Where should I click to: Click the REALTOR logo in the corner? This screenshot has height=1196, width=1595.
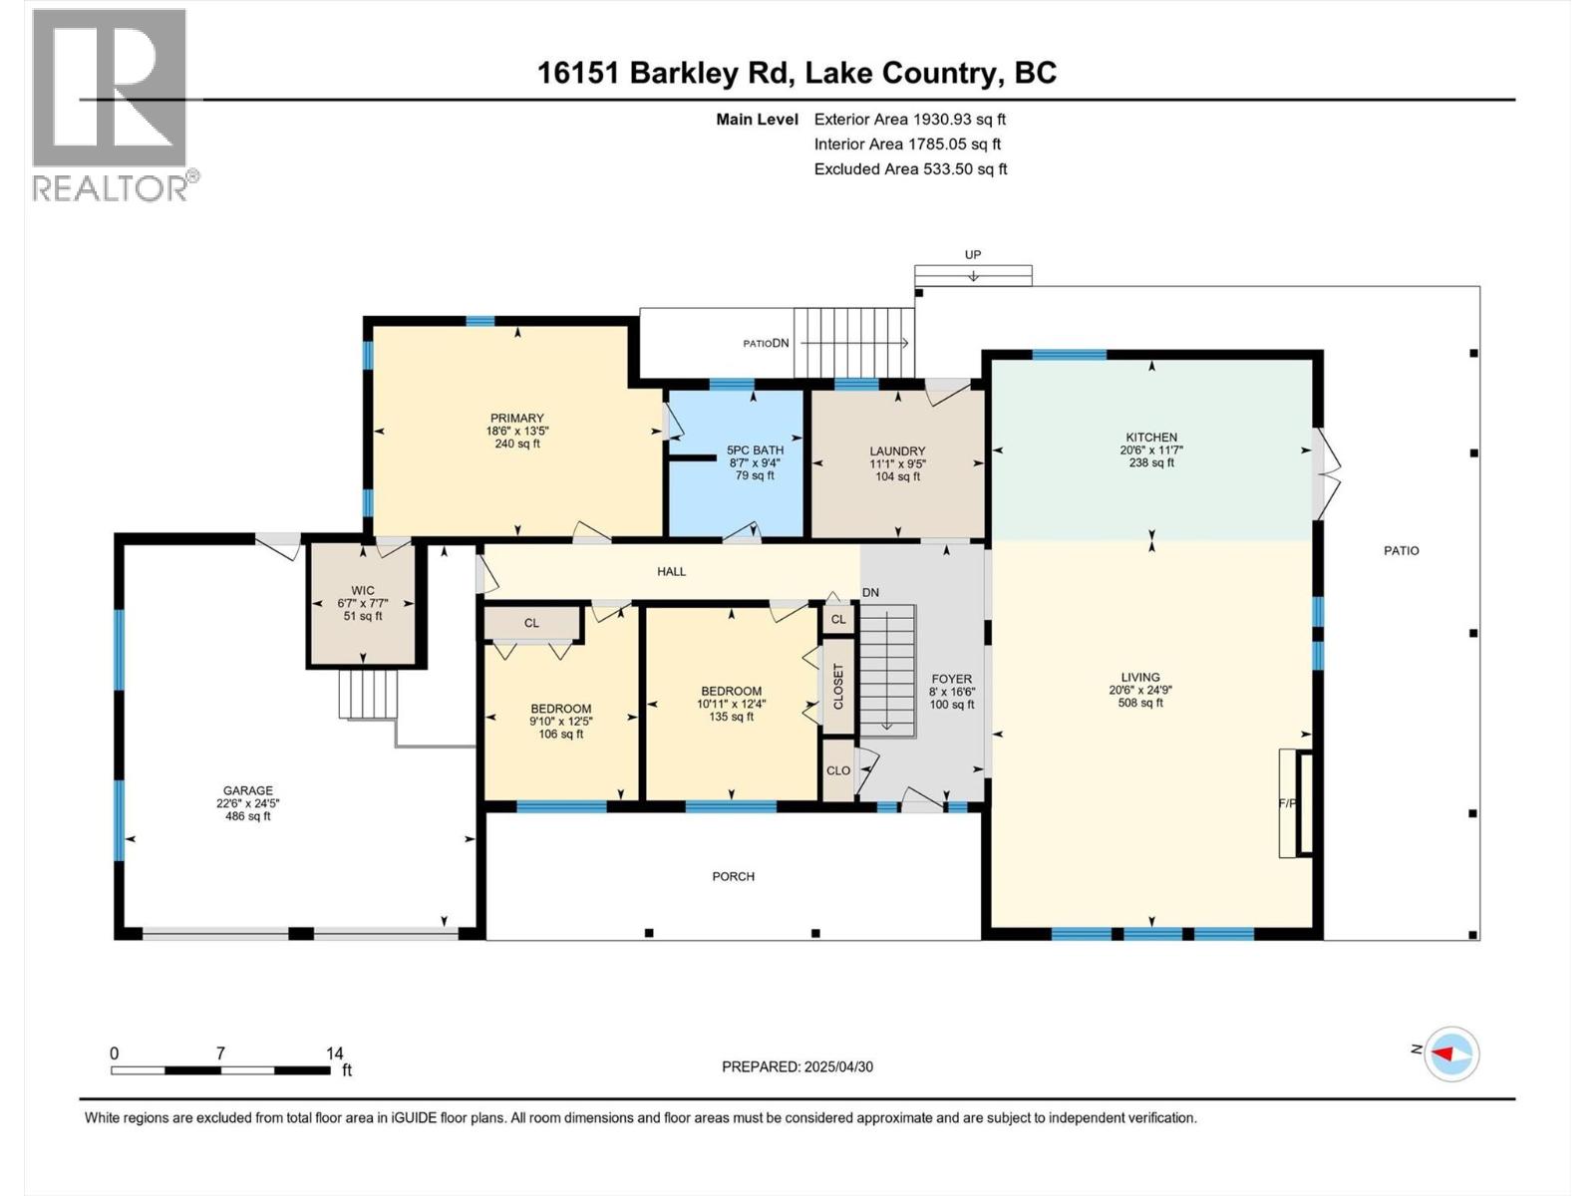(x=110, y=105)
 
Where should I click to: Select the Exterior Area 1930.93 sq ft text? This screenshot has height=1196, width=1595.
(x=909, y=119)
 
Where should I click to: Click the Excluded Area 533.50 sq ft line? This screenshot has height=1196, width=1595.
(x=910, y=168)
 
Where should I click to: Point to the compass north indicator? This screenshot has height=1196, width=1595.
(x=1450, y=1053)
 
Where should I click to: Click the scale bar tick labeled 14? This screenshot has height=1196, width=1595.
(x=334, y=1053)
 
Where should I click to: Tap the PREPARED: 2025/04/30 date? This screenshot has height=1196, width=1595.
(x=797, y=1066)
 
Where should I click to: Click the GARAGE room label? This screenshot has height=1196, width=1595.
(x=247, y=790)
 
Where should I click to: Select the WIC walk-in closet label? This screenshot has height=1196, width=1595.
(x=363, y=590)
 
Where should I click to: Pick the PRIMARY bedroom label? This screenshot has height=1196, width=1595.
(x=516, y=419)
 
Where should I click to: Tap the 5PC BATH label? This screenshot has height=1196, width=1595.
(x=755, y=450)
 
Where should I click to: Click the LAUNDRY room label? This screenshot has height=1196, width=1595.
(x=897, y=451)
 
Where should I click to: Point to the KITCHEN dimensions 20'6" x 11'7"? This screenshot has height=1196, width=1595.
(x=1151, y=450)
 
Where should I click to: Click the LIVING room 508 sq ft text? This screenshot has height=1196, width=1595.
(x=1140, y=703)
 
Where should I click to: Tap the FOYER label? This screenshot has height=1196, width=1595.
(x=951, y=679)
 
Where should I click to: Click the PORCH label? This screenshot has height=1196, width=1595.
(x=733, y=876)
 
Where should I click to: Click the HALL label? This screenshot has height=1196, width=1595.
(x=671, y=571)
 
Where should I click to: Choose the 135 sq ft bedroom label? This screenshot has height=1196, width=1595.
(x=731, y=717)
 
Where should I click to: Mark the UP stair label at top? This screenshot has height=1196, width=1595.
(x=972, y=255)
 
